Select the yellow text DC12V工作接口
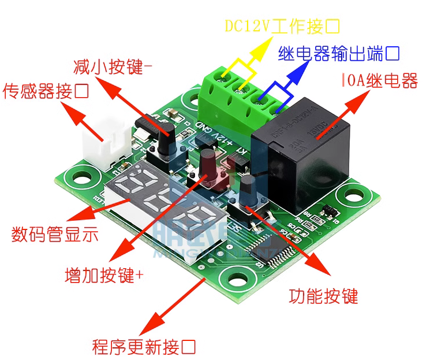(x=282, y=26)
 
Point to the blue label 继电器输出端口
(x=339, y=54)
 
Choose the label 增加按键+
(x=104, y=274)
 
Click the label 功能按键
(x=323, y=296)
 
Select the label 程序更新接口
(x=144, y=347)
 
